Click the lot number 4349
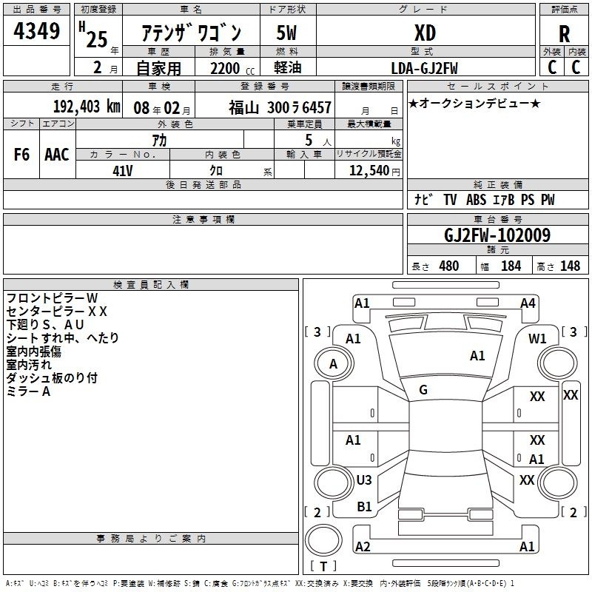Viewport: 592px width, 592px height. [36, 30]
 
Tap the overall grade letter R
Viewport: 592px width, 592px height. [564, 34]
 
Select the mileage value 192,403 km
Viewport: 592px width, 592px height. [87, 107]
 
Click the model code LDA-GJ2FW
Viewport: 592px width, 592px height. [424, 68]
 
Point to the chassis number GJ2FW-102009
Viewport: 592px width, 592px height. [497, 235]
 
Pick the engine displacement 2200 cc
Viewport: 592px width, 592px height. [232, 68]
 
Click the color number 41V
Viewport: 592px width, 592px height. [123, 171]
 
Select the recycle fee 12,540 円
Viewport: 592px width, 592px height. [374, 171]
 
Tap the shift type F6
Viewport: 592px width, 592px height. [21, 155]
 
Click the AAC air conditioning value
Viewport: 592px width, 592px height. [57, 155]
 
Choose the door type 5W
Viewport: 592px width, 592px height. [286, 33]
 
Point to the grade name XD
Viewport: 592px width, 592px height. [425, 33]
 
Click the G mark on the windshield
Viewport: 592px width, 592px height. [423, 390]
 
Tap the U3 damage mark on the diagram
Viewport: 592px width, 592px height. [364, 480]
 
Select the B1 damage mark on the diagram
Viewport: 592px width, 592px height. [364, 507]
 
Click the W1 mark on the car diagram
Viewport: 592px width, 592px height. [537, 339]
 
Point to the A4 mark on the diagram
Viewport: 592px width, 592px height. [528, 303]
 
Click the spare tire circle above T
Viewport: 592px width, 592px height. [323, 540]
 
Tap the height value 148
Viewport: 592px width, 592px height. [570, 266]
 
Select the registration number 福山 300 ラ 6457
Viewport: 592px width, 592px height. [280, 108]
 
